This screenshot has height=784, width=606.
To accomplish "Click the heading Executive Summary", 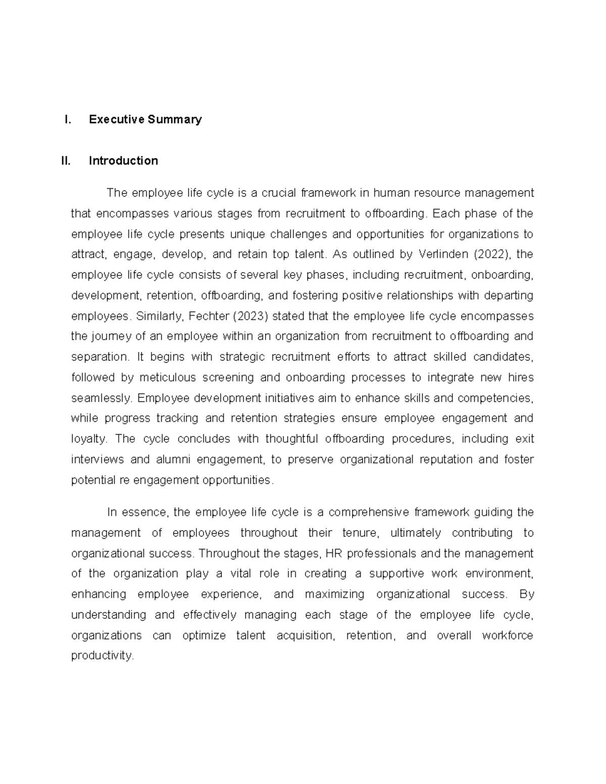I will click(145, 120).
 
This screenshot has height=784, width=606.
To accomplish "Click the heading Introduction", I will click(123, 161).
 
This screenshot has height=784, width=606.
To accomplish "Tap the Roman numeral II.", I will click(65, 161).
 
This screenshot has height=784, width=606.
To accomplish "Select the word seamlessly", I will click(101, 398).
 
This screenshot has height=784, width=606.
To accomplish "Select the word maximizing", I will click(334, 594).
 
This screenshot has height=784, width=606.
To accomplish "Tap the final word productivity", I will click(102, 656).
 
